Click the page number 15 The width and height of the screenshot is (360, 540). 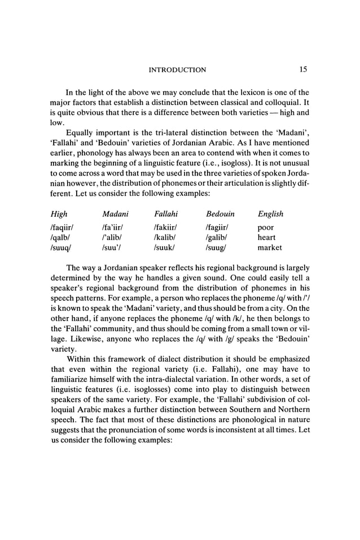[x=303, y=69]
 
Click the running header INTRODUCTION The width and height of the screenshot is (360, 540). [x=177, y=70]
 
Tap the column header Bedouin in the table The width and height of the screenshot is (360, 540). [x=220, y=214]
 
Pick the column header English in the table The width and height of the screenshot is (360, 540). [x=270, y=214]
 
